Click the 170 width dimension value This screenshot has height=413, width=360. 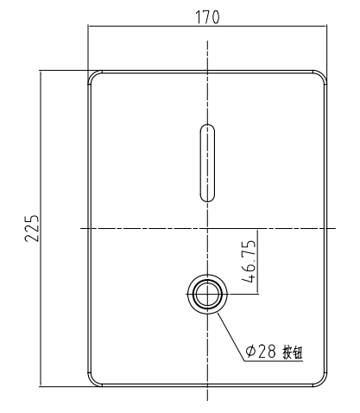coord(207,17)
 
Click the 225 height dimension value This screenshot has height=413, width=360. coord(32,228)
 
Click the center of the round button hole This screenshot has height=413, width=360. coord(207,295)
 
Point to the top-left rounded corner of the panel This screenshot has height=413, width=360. coord(95,78)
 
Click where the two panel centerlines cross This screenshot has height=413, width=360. coord(207,228)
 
